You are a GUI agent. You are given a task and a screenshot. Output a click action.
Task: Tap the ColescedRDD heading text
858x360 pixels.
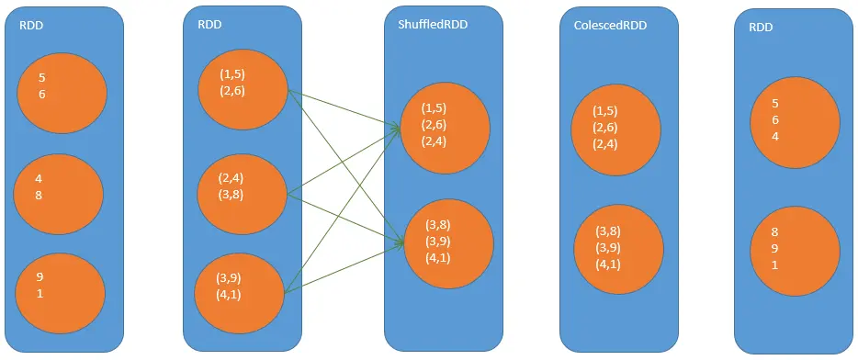click(604, 25)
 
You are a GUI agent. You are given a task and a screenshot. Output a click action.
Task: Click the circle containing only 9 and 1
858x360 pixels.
click(59, 287)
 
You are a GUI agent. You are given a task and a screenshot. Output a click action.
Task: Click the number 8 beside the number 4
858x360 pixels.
click(40, 195)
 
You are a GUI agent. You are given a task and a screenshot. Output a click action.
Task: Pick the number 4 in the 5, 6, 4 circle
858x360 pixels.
click(775, 137)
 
